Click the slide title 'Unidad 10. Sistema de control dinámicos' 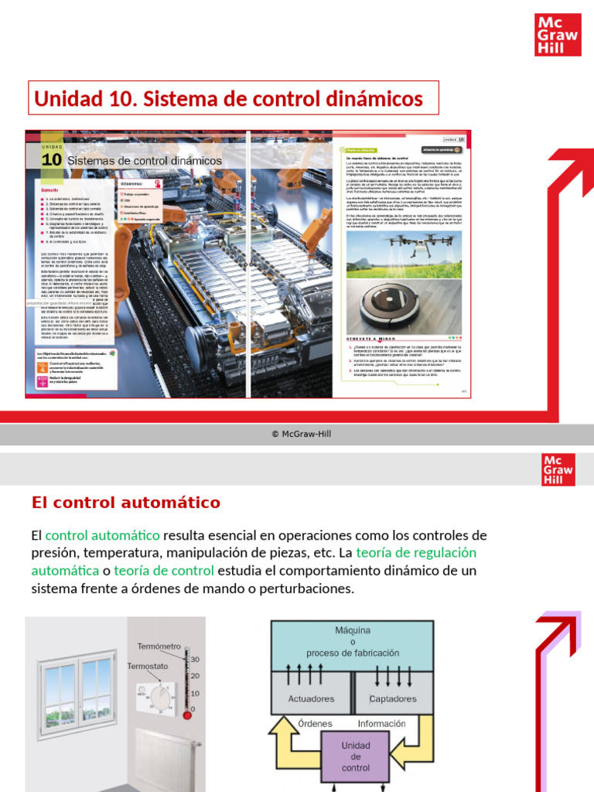229,99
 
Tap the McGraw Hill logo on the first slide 558,35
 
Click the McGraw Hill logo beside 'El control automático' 558,470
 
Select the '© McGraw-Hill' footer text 301,434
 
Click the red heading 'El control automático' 126,503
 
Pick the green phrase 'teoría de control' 163,571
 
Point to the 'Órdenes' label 315,724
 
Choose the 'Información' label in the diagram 381,724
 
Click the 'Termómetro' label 159,646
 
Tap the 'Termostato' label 148,666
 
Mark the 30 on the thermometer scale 195,660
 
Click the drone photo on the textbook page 403,254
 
